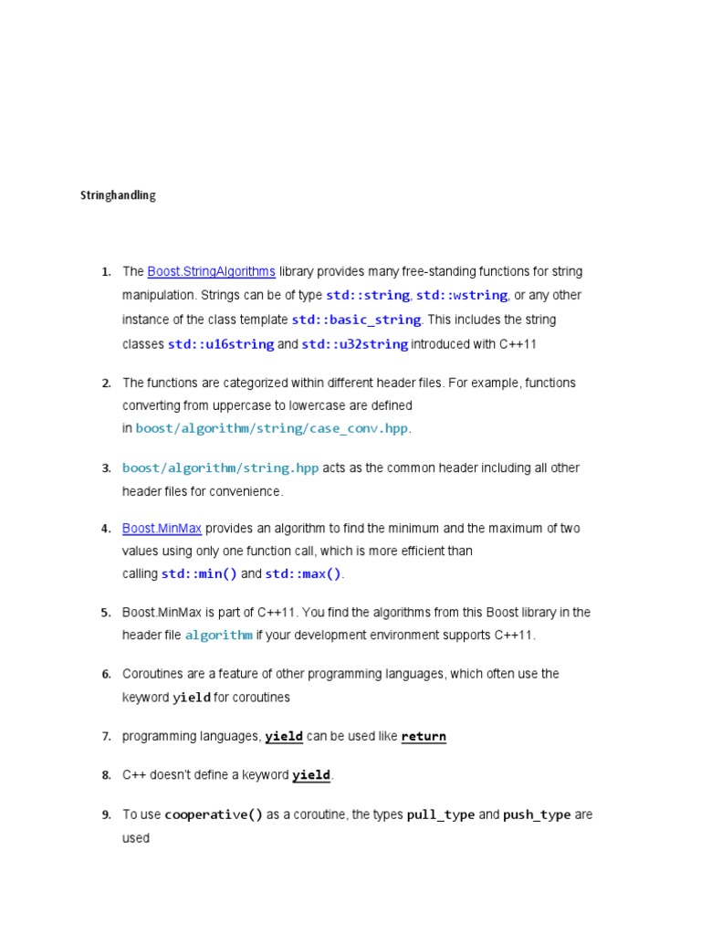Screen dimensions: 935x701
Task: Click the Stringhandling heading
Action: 118,195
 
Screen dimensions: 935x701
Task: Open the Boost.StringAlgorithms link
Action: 211,271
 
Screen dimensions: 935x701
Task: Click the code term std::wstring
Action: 462,296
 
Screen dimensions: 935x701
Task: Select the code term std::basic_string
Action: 356,320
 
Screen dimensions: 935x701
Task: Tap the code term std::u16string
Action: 221,344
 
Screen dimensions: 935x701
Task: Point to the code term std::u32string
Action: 355,344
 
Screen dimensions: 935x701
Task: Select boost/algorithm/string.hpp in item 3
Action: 221,468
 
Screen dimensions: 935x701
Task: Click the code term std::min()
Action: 199,574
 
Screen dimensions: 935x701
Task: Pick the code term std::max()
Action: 303,574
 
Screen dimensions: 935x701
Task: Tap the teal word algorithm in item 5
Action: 218,636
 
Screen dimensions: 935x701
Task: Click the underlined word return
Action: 424,737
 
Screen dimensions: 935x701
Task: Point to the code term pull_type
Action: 441,814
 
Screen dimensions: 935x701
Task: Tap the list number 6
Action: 106,675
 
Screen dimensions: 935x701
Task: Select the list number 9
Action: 106,814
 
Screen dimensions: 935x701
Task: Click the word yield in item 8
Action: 311,775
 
